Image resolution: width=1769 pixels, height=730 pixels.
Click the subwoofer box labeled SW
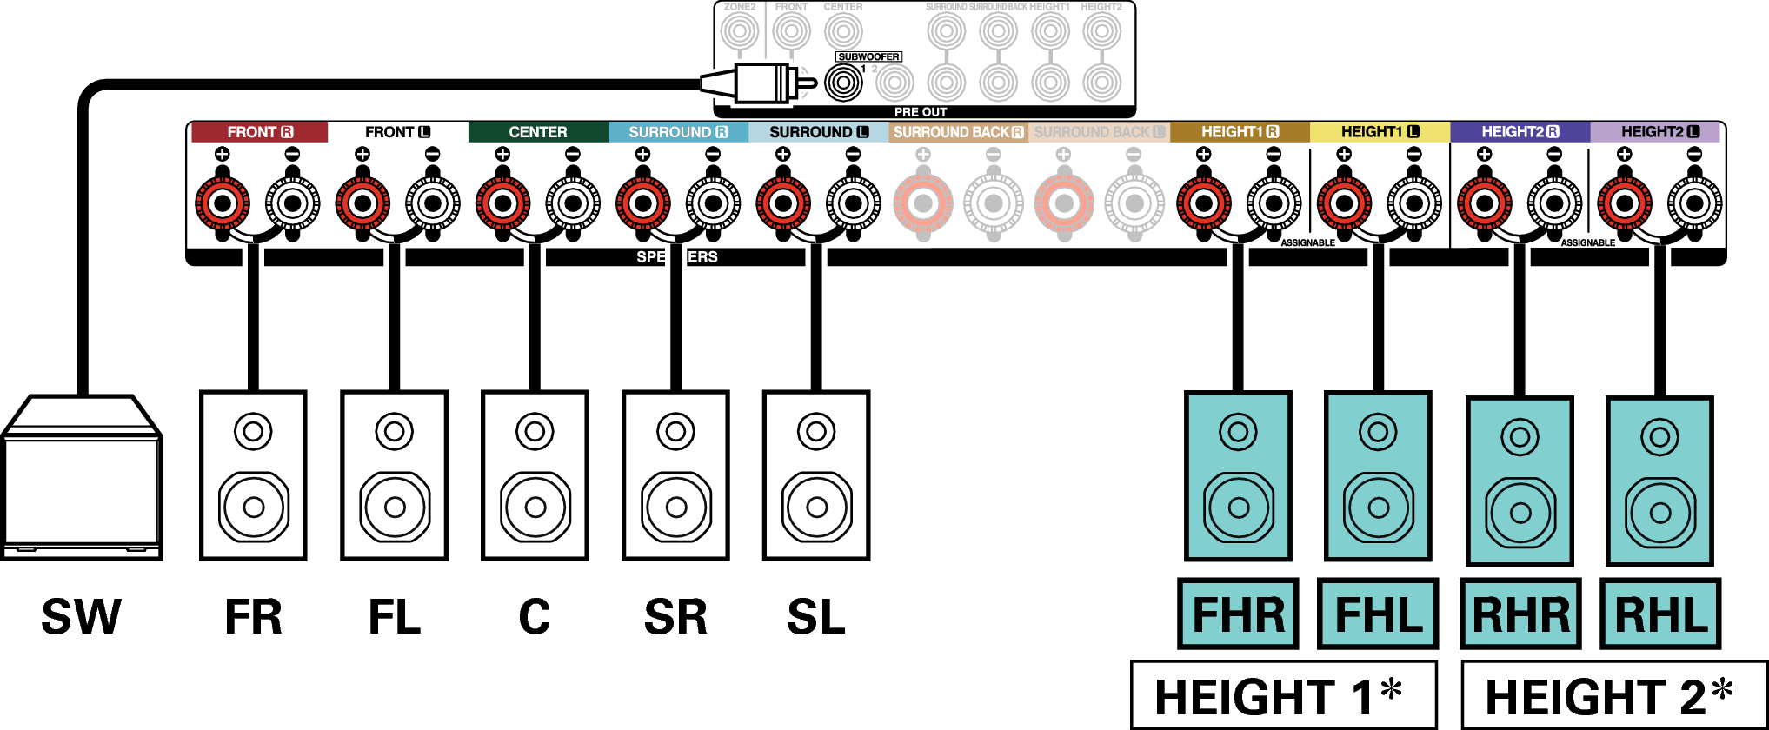coord(81,478)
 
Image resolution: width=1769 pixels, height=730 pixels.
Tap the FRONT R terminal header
coord(259,132)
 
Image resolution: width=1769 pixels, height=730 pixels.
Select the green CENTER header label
coord(537,132)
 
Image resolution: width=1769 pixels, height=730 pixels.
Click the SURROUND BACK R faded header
coord(957,132)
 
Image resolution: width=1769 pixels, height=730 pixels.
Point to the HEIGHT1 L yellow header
coord(1380,132)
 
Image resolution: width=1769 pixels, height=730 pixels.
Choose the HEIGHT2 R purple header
coord(1520,132)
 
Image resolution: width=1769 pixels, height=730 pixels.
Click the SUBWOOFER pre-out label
coord(868,57)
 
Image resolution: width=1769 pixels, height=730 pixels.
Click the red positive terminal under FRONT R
coord(223,203)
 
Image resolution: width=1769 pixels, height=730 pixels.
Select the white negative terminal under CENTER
coord(573,203)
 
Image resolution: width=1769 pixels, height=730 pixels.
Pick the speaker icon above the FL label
coord(394,475)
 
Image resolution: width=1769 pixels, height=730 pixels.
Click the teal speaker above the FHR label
coord(1238,475)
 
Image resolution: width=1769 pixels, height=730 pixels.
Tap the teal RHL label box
coord(1660,614)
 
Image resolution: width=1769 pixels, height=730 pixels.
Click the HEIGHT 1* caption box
coord(1283,696)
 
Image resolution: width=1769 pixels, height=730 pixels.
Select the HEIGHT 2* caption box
coord(1613,696)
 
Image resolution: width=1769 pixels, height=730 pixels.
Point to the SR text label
coord(675,617)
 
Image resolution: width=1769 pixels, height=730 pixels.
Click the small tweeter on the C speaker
coord(535,431)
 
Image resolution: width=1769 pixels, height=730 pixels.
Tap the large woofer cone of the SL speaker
coord(816,507)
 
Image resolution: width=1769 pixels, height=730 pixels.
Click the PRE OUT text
coord(921,112)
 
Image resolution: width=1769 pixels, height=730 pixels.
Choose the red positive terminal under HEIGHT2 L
coord(1624,203)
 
